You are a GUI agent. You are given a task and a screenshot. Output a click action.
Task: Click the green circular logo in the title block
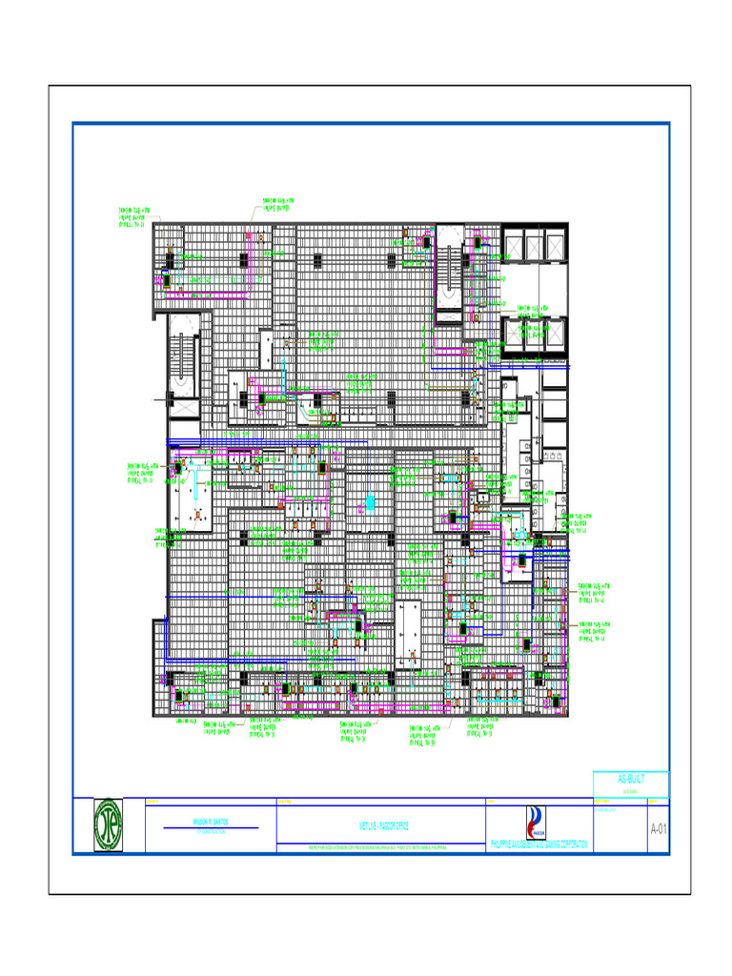point(114,824)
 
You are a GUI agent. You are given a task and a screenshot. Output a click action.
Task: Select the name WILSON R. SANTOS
point(211,821)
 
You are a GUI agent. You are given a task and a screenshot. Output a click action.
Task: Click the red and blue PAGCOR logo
point(538,823)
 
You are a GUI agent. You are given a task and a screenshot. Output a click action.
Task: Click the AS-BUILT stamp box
point(631,783)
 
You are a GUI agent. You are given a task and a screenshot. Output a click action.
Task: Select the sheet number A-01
point(659,829)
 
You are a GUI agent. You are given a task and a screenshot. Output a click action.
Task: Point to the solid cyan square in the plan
point(372,501)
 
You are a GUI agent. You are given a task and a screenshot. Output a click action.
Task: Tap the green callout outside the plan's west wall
point(143,474)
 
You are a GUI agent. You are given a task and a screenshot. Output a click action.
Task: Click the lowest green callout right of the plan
point(594,632)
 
